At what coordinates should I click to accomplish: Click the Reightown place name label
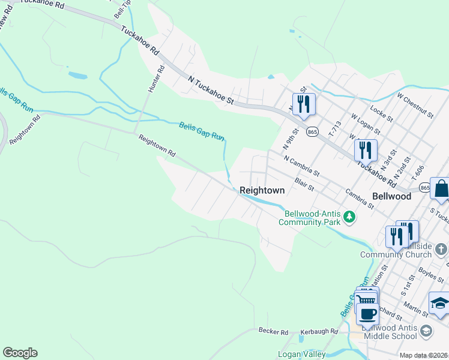[x=262, y=190]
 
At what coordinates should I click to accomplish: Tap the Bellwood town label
[x=391, y=196]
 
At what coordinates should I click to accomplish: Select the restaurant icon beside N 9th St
[x=304, y=104]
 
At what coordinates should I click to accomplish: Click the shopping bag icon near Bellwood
[x=441, y=189]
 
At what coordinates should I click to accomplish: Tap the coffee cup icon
[x=367, y=313]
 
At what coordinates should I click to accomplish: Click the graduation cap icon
[x=439, y=303]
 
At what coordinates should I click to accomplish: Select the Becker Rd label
[x=274, y=331]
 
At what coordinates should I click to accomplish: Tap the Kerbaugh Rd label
[x=320, y=331]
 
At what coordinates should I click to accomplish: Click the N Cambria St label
[x=302, y=167]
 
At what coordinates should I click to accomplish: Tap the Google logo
[x=20, y=353]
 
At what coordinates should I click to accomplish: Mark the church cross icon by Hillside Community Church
[x=441, y=247]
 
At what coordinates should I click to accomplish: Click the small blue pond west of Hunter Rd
[x=77, y=76]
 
